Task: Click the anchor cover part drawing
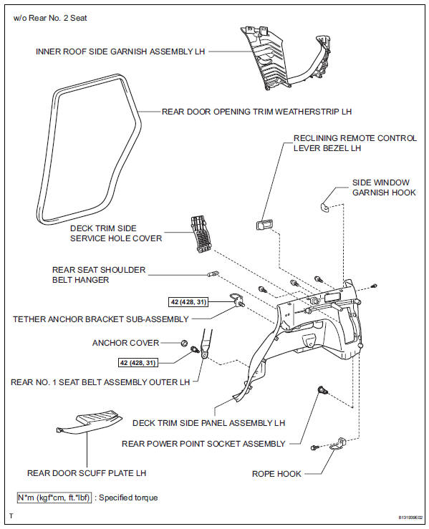pyautogui.click(x=184, y=343)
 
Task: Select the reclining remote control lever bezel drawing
pyautogui.click(x=264, y=225)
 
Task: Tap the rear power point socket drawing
pyautogui.click(x=323, y=390)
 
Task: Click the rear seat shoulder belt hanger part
pyautogui.click(x=213, y=273)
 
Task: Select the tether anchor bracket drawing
pyautogui.click(x=236, y=300)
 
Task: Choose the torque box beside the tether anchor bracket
pyautogui.click(x=188, y=302)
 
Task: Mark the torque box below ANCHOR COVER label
pyautogui.click(x=138, y=363)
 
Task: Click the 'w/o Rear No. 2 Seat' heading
pyautogui.click(x=50, y=18)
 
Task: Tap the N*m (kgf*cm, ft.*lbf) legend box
pyautogui.click(x=54, y=498)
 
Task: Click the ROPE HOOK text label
pyautogui.click(x=276, y=474)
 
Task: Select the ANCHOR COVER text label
pyautogui.click(x=125, y=343)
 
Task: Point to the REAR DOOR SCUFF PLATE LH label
pyautogui.click(x=87, y=473)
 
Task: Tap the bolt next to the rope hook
pyautogui.click(x=314, y=447)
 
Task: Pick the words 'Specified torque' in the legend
pyautogui.click(x=128, y=498)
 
